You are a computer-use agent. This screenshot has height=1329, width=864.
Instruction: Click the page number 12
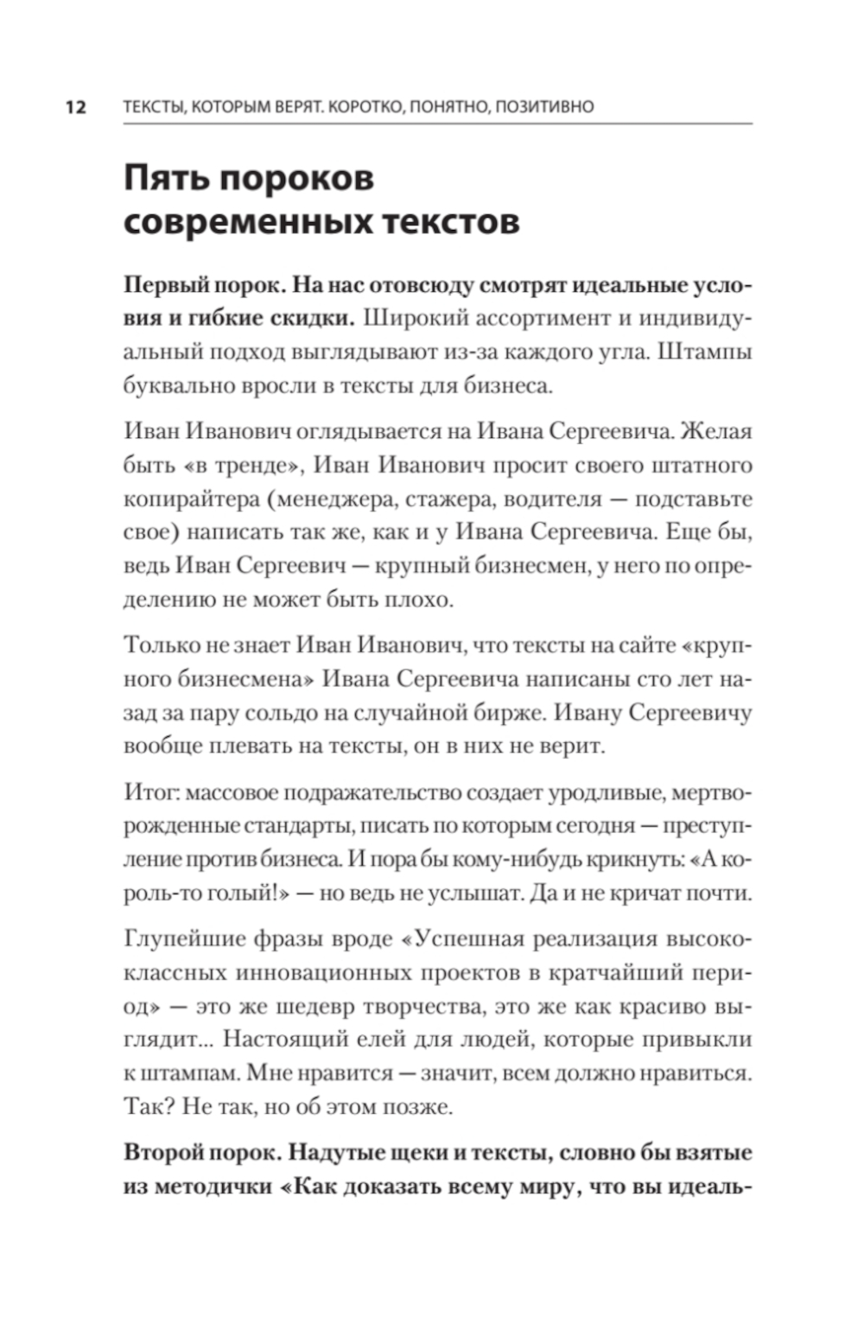pos(76,107)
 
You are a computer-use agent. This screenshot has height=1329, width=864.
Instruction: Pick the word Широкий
pos(414,318)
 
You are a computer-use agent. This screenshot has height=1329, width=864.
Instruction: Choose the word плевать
pos(248,746)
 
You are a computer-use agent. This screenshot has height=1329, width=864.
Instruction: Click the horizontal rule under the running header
pos(437,124)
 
